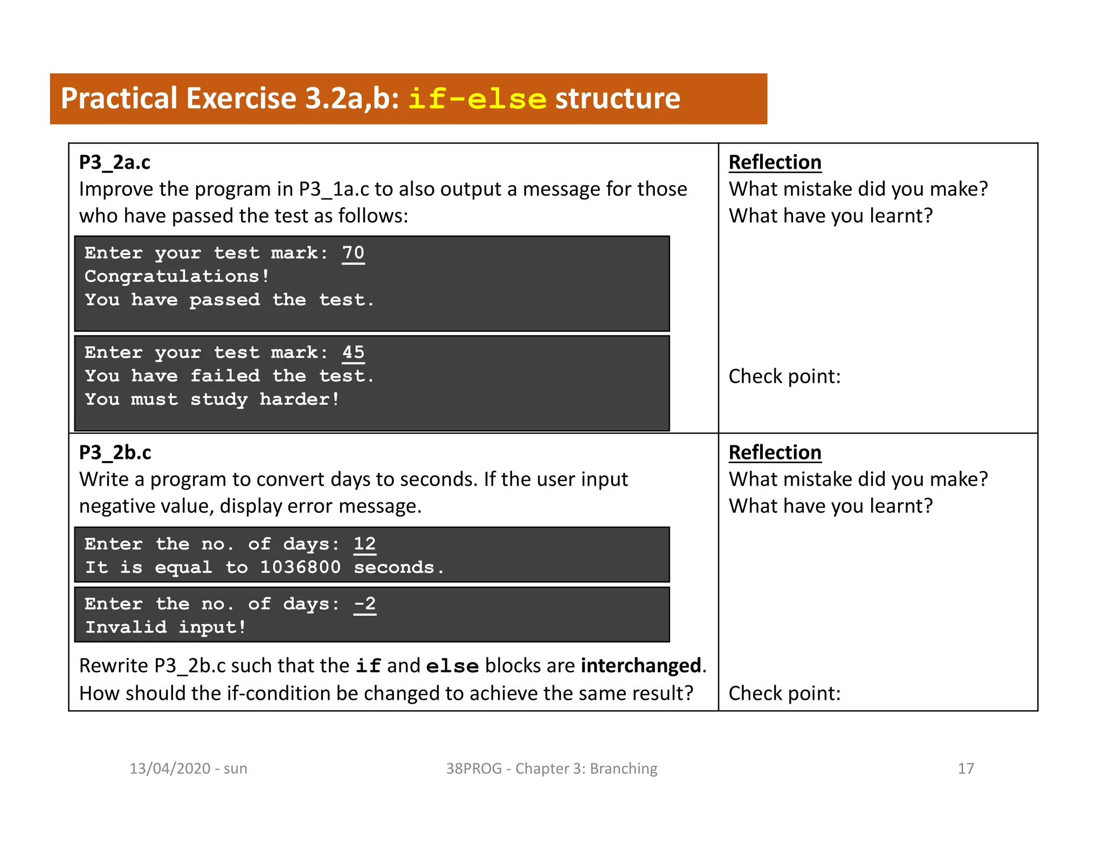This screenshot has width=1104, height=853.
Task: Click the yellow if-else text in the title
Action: (477, 99)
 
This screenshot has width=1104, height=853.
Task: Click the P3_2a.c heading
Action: (115, 162)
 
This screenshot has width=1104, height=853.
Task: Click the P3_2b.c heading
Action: (115, 452)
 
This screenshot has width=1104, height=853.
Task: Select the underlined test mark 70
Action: (353, 253)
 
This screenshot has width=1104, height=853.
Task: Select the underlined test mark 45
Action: (353, 353)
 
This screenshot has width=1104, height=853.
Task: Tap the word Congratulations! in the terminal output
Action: (177, 277)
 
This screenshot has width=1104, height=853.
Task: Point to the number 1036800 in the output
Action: (300, 567)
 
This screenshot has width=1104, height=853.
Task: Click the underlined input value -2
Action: (365, 604)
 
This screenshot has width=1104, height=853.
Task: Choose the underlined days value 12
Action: (365, 544)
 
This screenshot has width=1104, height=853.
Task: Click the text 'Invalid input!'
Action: (165, 627)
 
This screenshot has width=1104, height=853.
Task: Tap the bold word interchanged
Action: (641, 666)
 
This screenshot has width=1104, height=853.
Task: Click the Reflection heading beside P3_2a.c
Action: (775, 162)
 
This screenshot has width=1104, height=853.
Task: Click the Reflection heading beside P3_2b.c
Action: (775, 452)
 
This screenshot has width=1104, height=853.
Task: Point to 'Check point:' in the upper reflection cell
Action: (784, 376)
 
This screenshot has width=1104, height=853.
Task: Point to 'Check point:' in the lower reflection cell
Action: (784, 693)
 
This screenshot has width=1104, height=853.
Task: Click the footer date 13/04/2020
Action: (170, 768)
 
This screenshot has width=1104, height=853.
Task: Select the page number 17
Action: (965, 768)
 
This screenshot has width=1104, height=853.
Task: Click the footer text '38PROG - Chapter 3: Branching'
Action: (551, 768)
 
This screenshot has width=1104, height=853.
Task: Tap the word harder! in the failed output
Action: (300, 400)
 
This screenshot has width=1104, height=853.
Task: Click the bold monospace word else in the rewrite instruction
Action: (452, 666)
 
